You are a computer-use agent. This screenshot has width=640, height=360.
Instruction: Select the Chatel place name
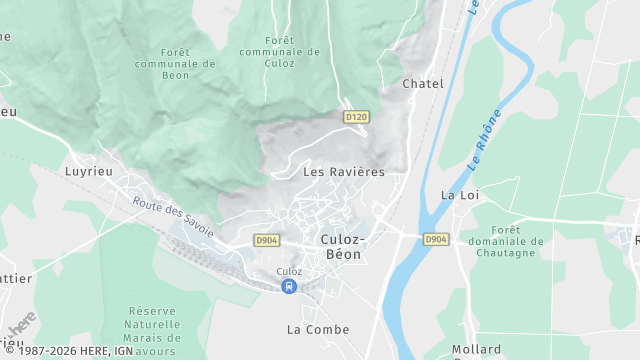click(x=422, y=84)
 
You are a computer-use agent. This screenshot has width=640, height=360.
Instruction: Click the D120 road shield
click(x=356, y=117)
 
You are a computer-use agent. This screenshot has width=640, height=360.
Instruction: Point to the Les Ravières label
click(x=343, y=172)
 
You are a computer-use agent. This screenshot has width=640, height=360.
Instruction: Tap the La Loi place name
click(x=461, y=195)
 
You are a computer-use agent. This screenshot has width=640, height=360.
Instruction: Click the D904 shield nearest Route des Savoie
click(x=266, y=240)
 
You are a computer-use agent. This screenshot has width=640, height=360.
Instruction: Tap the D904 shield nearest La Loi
click(x=436, y=239)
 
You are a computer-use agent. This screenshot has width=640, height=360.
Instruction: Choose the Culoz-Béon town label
click(x=344, y=247)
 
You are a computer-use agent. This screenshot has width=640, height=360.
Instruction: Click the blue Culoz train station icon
click(x=289, y=287)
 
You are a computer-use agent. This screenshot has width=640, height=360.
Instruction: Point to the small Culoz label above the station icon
click(x=289, y=272)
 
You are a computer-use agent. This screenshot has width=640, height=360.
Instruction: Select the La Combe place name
click(x=318, y=329)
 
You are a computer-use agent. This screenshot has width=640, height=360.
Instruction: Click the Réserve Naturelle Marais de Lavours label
click(x=154, y=331)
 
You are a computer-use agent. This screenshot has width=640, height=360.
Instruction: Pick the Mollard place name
click(x=476, y=349)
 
